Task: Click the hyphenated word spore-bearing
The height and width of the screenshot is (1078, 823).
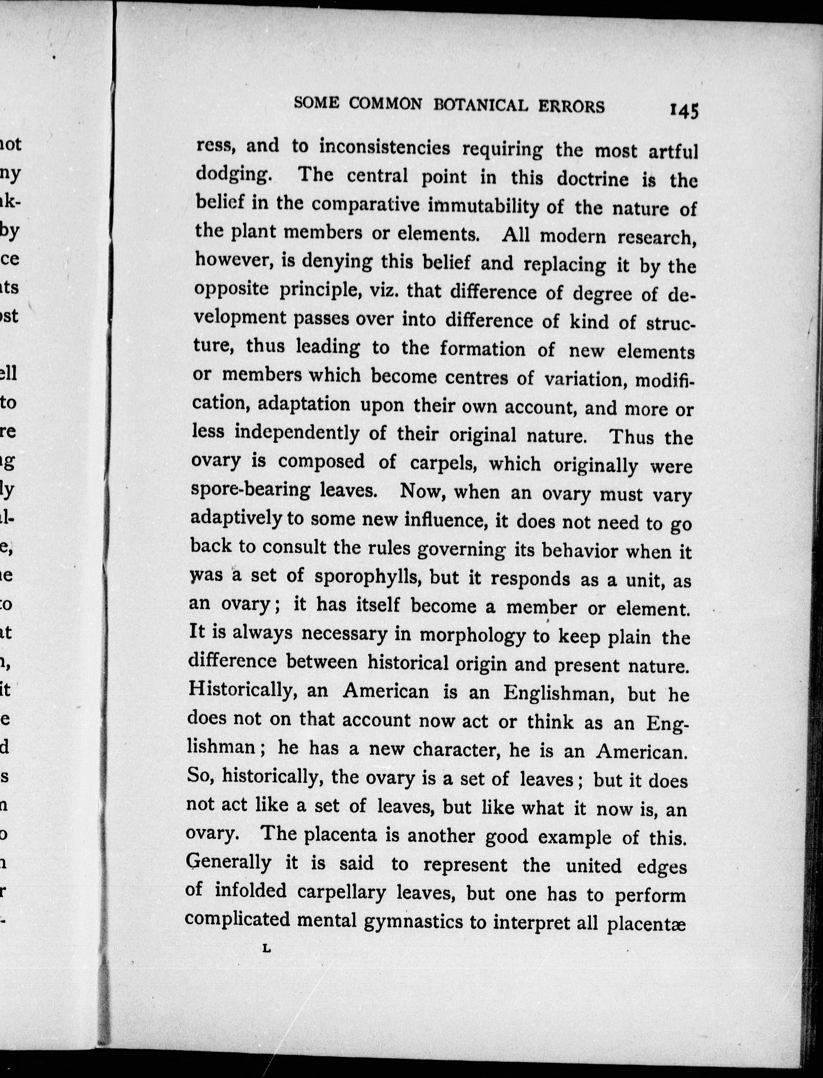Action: click(250, 490)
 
